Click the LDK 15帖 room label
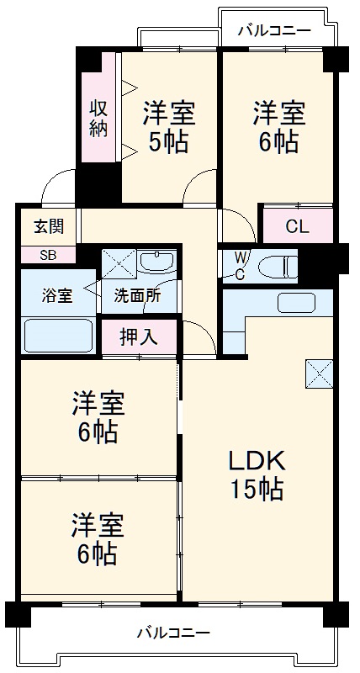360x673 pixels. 259,474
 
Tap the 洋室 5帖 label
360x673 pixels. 169,126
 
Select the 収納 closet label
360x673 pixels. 98,118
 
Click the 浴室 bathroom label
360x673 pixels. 58,295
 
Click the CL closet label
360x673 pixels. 297,226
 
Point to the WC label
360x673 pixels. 239,265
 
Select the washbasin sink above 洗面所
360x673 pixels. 156,262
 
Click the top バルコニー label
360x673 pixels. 274,32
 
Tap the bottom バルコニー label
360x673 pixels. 173,633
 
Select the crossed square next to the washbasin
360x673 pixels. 118,263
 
